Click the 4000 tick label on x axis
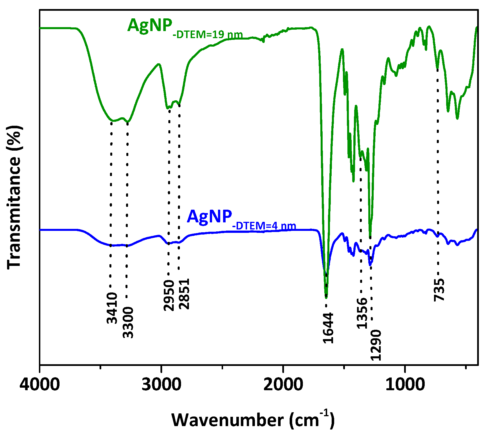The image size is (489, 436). pos(40,385)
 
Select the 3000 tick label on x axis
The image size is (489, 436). pos(161,385)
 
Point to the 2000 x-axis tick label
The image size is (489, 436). pos(283,385)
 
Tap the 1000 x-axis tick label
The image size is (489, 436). pos(405,385)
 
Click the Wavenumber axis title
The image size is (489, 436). pos(253,420)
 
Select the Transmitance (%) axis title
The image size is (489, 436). pos(14,197)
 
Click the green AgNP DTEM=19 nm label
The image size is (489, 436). pos(185,29)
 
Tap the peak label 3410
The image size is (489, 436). pos(112,308)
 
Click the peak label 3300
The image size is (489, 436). pos(128,323)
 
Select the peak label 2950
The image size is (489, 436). pos(169,295)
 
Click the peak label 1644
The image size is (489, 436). pos(328,328)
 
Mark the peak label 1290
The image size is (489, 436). pos(376,345)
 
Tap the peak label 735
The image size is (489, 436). pos(439,290)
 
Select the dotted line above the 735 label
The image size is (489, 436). pos(438,170)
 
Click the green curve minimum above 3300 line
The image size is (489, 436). pos(128,122)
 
